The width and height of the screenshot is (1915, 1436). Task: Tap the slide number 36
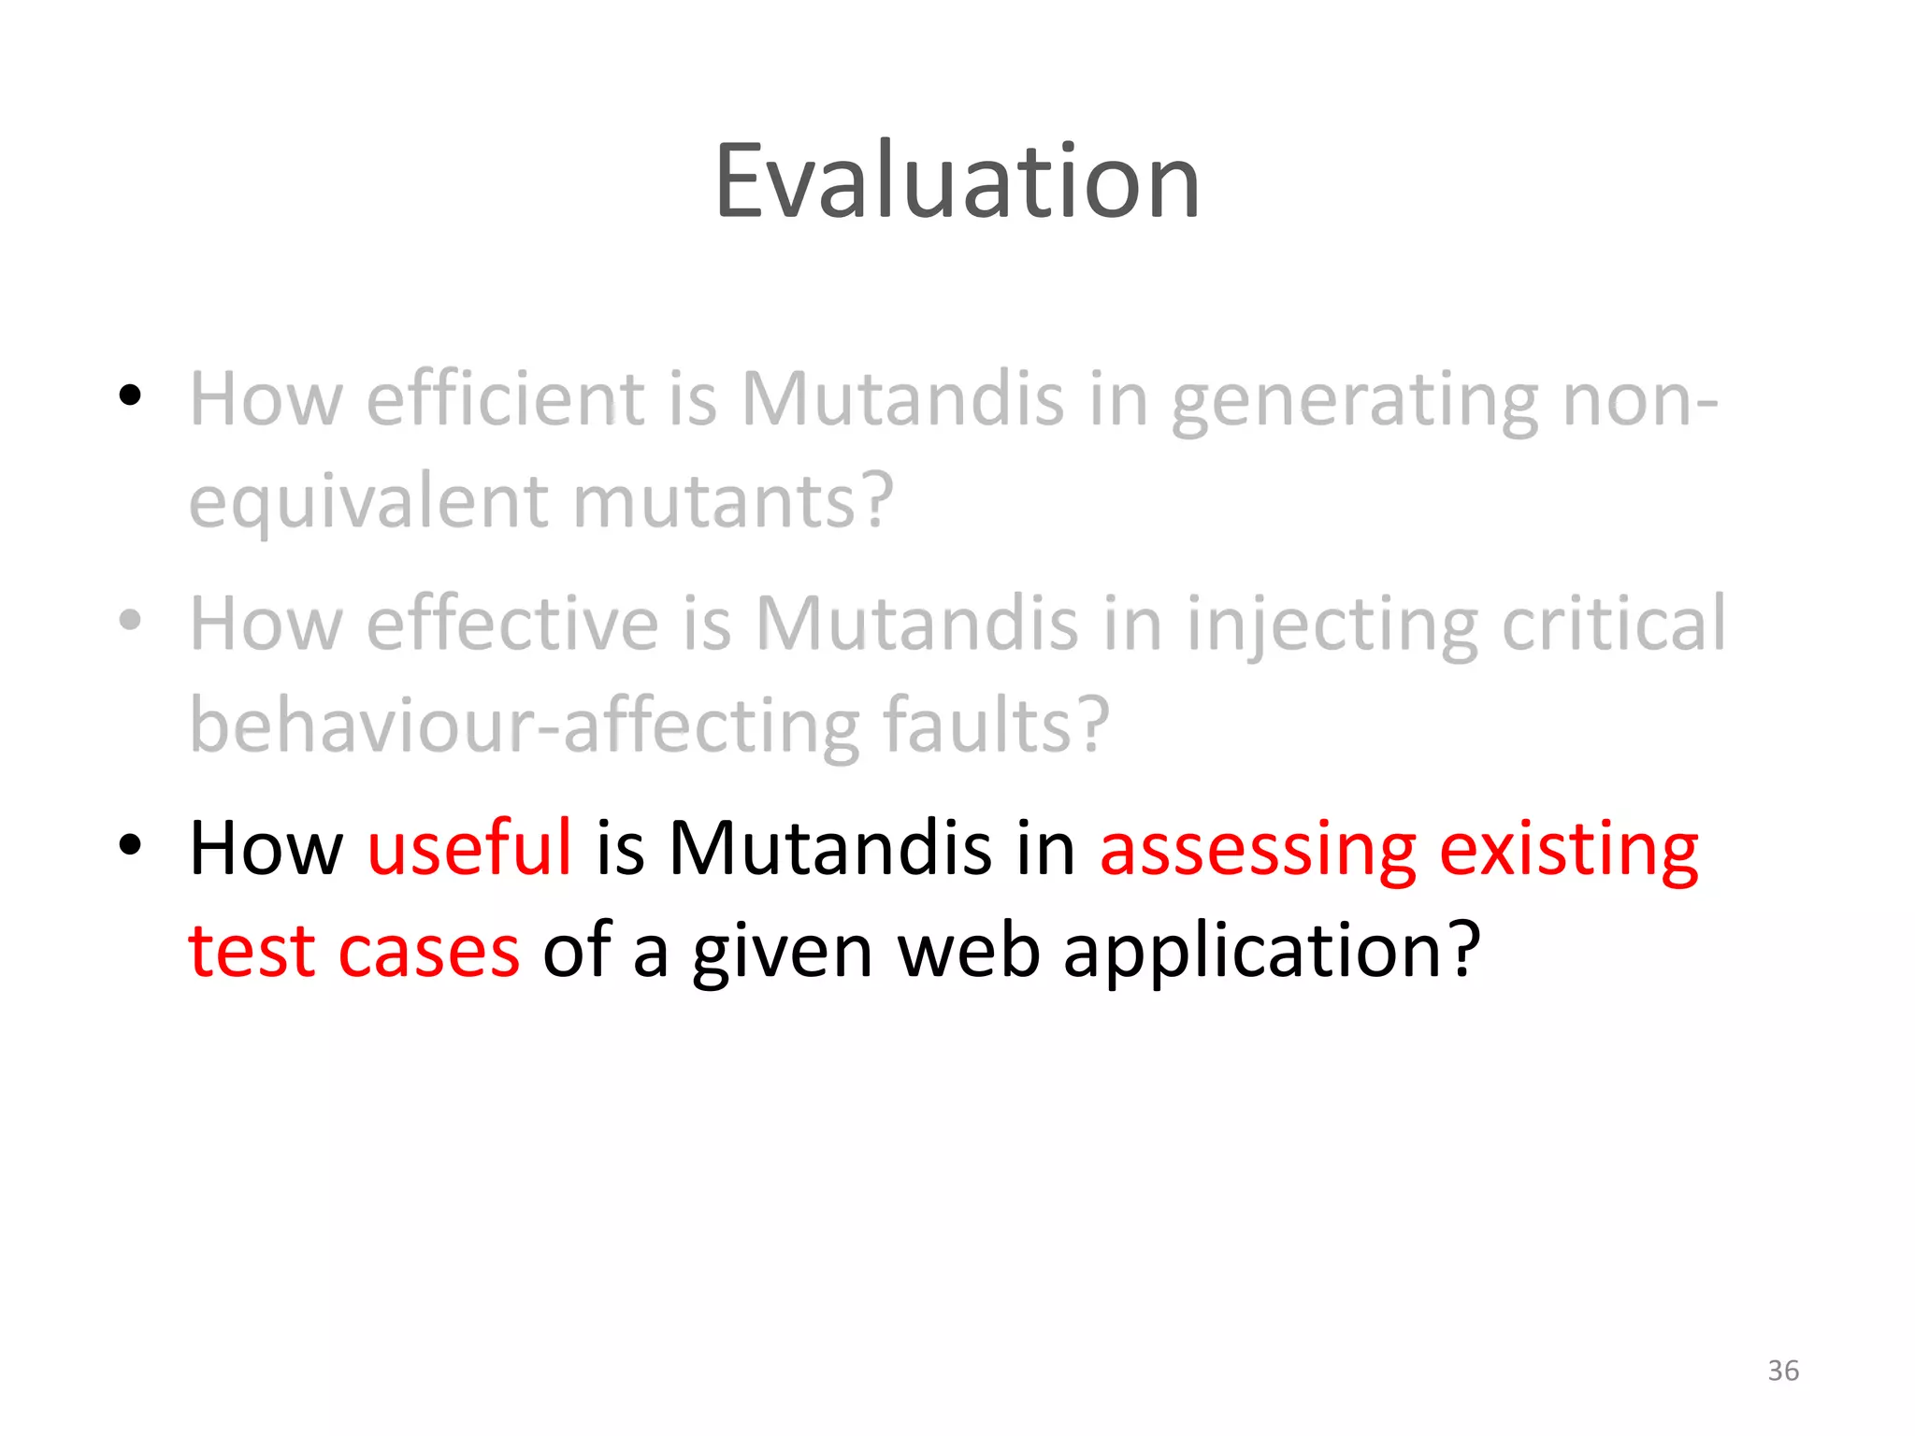[x=1783, y=1371]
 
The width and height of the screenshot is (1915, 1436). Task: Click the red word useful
[x=469, y=848]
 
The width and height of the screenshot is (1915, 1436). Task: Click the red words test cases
[x=353, y=952]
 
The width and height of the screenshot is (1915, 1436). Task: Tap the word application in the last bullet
[x=1272, y=952]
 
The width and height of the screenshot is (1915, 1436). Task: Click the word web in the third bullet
[x=969, y=952]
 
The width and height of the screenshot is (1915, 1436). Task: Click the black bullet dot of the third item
[x=130, y=845]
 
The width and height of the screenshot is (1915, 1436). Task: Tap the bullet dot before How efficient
[x=130, y=395]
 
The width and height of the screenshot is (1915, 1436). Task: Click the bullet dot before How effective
[x=130, y=620]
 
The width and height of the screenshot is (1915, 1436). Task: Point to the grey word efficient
[x=506, y=399]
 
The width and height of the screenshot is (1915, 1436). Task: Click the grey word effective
[x=512, y=624]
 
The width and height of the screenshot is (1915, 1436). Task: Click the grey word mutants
[x=729, y=502]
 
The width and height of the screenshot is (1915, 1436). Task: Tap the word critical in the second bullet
[x=1613, y=624]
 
